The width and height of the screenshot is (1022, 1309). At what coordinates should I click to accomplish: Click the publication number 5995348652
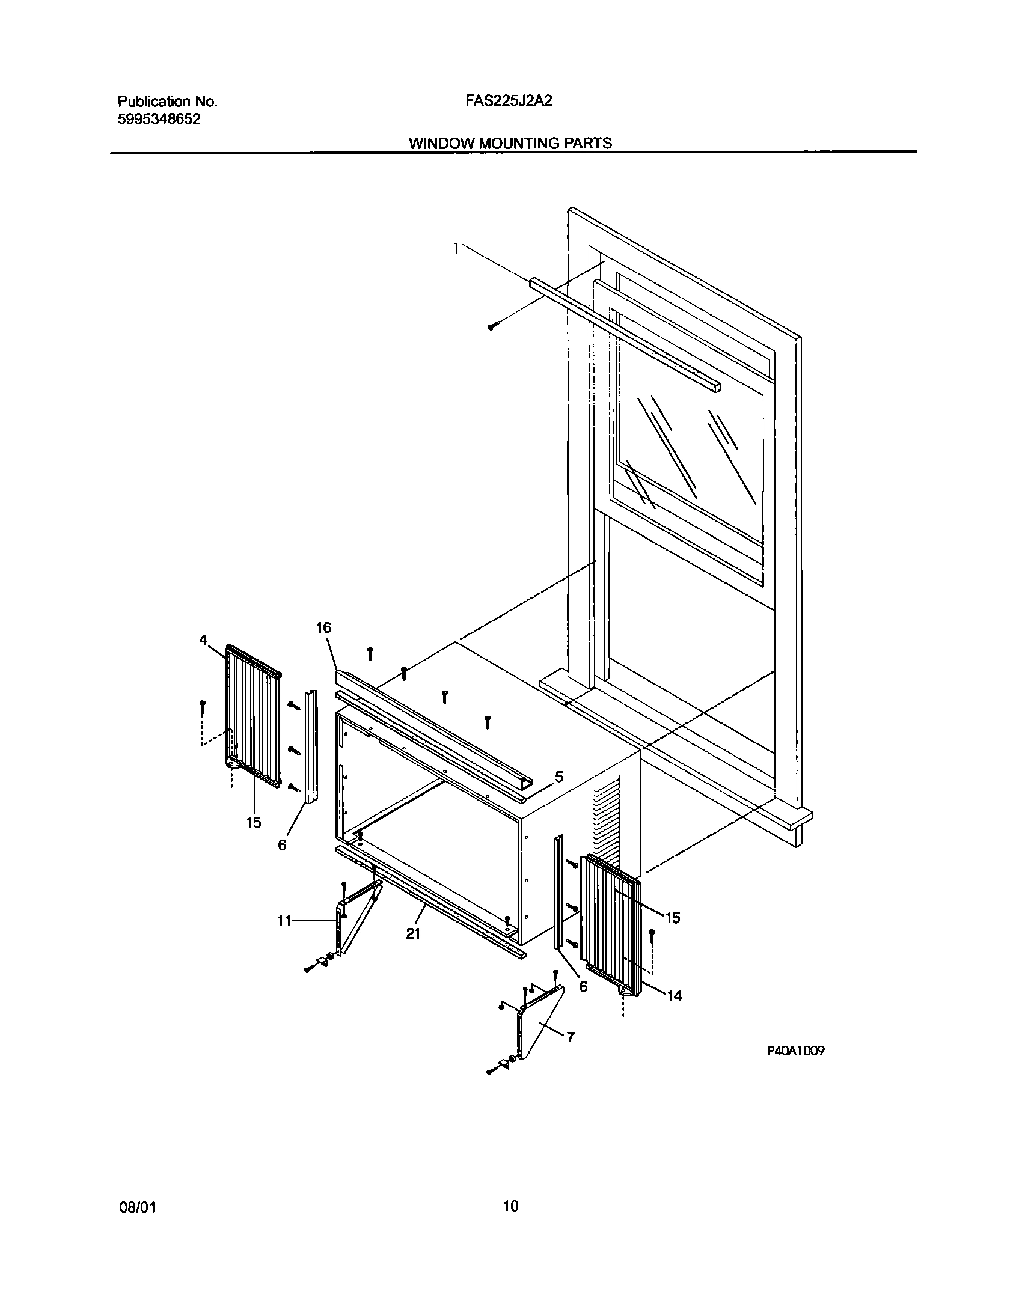tap(159, 119)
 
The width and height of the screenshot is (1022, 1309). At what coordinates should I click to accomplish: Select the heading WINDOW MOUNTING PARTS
tap(510, 143)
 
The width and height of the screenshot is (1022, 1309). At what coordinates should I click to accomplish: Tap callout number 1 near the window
tap(456, 248)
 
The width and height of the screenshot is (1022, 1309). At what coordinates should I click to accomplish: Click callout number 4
tap(204, 641)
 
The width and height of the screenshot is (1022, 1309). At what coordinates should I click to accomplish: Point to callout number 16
tap(323, 628)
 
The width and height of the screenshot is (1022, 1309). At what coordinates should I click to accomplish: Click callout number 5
tap(558, 777)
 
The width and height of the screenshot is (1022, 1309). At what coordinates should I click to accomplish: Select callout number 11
tap(284, 920)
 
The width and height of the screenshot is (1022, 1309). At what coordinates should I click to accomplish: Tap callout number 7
tap(570, 1037)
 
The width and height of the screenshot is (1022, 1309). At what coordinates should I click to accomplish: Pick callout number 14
tap(675, 996)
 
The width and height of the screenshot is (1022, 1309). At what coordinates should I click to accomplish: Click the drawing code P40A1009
tap(795, 1051)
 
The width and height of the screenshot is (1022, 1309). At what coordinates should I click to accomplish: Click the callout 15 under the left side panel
tap(254, 822)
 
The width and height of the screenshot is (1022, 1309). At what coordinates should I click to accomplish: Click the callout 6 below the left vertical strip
tap(282, 845)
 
